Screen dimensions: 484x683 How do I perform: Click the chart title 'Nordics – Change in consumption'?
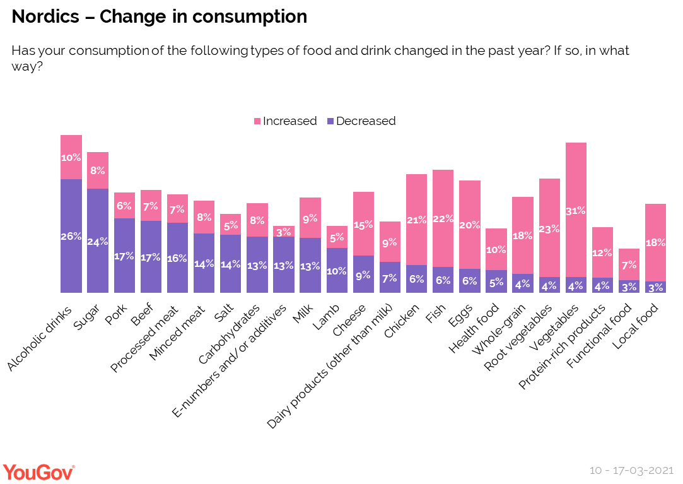pos(160,17)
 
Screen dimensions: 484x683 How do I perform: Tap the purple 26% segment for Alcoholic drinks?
pos(71,236)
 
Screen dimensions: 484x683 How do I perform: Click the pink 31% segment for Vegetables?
pos(576,210)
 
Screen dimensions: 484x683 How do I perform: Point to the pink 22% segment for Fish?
pos(443,218)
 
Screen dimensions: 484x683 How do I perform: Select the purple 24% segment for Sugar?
pos(98,240)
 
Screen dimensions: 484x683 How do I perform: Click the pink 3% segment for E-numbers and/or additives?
pos(283,231)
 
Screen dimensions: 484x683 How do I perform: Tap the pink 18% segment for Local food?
pos(656,242)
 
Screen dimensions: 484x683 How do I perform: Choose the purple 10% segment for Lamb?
pos(337,270)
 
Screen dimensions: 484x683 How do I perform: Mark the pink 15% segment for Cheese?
pos(363,223)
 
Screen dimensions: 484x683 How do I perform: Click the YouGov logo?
pos(39,471)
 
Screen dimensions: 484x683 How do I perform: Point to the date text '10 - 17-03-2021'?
pos(631,471)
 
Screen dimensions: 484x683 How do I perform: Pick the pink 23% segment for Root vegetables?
pos(549,228)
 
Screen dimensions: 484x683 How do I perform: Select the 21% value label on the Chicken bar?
pos(416,220)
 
